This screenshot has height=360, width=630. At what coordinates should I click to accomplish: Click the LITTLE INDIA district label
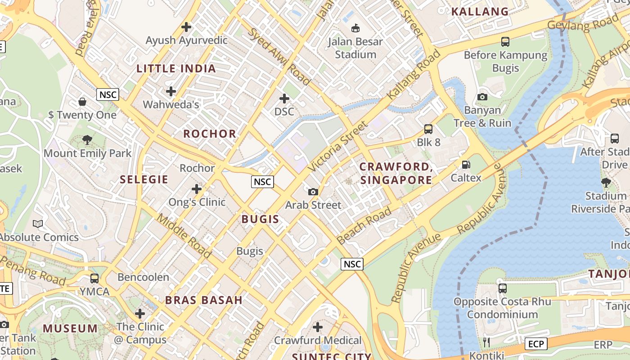click(176, 69)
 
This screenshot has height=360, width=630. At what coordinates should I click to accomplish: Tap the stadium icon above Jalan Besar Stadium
click(355, 28)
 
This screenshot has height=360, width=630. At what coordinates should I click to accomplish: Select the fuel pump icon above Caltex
click(466, 165)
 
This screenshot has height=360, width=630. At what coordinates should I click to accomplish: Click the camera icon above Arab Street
click(313, 192)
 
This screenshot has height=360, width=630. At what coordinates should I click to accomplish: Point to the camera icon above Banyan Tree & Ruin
click(482, 97)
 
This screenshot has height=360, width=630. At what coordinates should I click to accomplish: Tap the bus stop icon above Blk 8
click(428, 129)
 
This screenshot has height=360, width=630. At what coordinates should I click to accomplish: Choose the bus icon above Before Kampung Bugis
click(505, 42)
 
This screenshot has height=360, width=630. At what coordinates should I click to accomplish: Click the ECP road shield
click(536, 344)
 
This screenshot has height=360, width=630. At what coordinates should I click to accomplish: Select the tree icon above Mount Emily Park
click(87, 140)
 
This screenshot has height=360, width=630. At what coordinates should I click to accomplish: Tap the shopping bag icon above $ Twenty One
click(82, 102)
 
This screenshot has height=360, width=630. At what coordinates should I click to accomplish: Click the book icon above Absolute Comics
click(38, 224)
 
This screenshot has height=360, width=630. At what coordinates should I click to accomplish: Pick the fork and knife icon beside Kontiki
click(486, 342)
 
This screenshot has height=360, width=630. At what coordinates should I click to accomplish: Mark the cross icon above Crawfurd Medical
click(318, 327)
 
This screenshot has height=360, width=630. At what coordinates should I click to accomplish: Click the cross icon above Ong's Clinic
click(197, 189)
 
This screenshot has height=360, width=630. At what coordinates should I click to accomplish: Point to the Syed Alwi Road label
click(279, 57)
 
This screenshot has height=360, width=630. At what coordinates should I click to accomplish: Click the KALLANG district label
click(480, 12)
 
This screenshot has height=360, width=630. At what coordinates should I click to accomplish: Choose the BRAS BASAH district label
click(203, 300)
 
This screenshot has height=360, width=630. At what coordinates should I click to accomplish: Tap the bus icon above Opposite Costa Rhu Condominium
click(503, 288)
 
